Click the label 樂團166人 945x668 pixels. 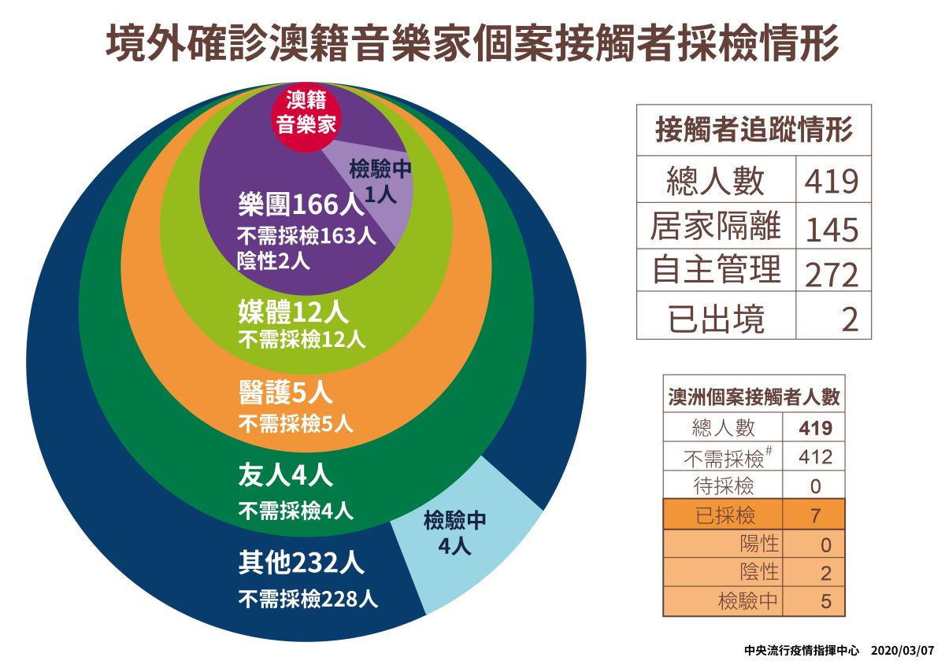[300, 206]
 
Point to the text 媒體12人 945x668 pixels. [292, 312]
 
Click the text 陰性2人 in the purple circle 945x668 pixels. [273, 261]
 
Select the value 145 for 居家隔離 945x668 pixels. [832, 229]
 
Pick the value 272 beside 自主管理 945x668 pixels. [832, 275]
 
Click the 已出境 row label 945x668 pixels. [716, 319]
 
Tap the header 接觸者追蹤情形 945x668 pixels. [754, 131]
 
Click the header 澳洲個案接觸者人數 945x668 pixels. [754, 397]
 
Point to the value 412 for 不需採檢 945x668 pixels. [814, 457]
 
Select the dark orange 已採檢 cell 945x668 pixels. [725, 515]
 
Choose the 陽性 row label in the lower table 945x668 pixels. [759, 544]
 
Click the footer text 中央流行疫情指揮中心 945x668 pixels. [802, 651]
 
